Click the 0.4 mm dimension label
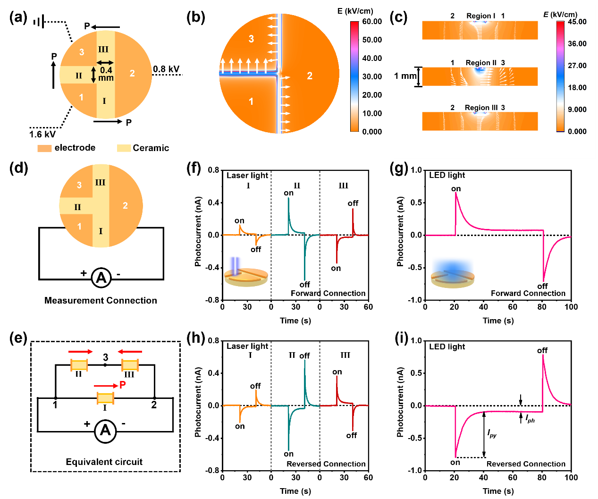click(106, 74)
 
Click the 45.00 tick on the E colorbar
click(577, 22)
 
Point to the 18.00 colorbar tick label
click(577, 87)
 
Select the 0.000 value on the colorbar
click(577, 131)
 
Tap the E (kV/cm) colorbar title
click(560, 14)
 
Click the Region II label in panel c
click(481, 63)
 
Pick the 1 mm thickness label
click(405, 76)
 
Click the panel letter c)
click(401, 17)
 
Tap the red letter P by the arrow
click(122, 385)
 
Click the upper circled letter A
click(101, 278)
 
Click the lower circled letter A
click(105, 431)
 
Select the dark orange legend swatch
click(44, 149)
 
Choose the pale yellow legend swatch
click(124, 149)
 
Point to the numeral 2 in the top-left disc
click(132, 73)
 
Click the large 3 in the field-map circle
click(251, 39)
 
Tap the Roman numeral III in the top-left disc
click(103, 50)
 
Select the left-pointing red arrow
click(130, 352)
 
